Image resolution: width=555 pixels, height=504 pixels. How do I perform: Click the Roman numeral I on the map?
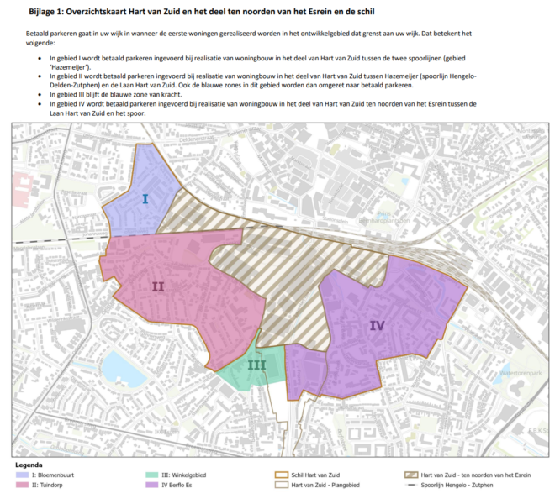(145, 199)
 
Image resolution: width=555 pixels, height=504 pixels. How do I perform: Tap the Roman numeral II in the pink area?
(158, 286)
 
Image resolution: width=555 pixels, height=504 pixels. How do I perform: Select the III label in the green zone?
(256, 365)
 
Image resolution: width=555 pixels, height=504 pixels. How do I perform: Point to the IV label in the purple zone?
(377, 325)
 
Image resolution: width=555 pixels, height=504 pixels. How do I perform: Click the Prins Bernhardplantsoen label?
(394, 218)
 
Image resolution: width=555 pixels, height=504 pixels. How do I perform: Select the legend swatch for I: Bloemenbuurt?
(20, 475)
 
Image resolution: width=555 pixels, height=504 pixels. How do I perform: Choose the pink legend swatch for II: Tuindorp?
(20, 486)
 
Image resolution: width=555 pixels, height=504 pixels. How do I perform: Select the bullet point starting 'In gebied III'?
(53, 95)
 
